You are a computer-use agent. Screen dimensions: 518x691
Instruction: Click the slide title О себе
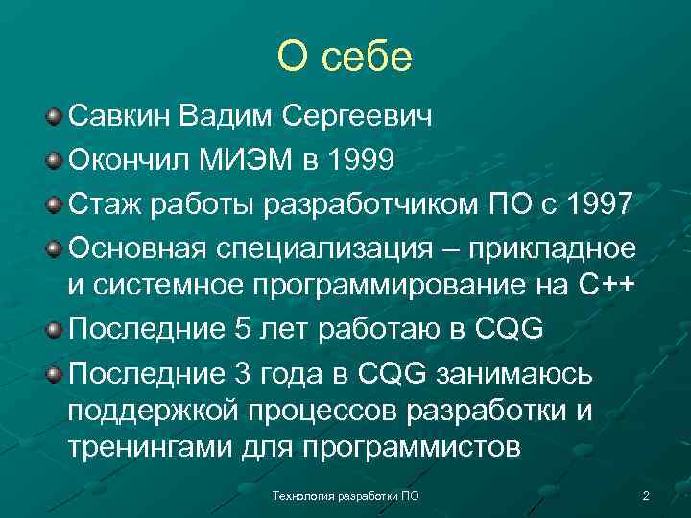pos(344,57)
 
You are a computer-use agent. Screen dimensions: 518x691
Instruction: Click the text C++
pos(608,286)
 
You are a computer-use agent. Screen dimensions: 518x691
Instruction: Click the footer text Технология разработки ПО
pos(345,495)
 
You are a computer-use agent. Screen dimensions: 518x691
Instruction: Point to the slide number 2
pos(645,495)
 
